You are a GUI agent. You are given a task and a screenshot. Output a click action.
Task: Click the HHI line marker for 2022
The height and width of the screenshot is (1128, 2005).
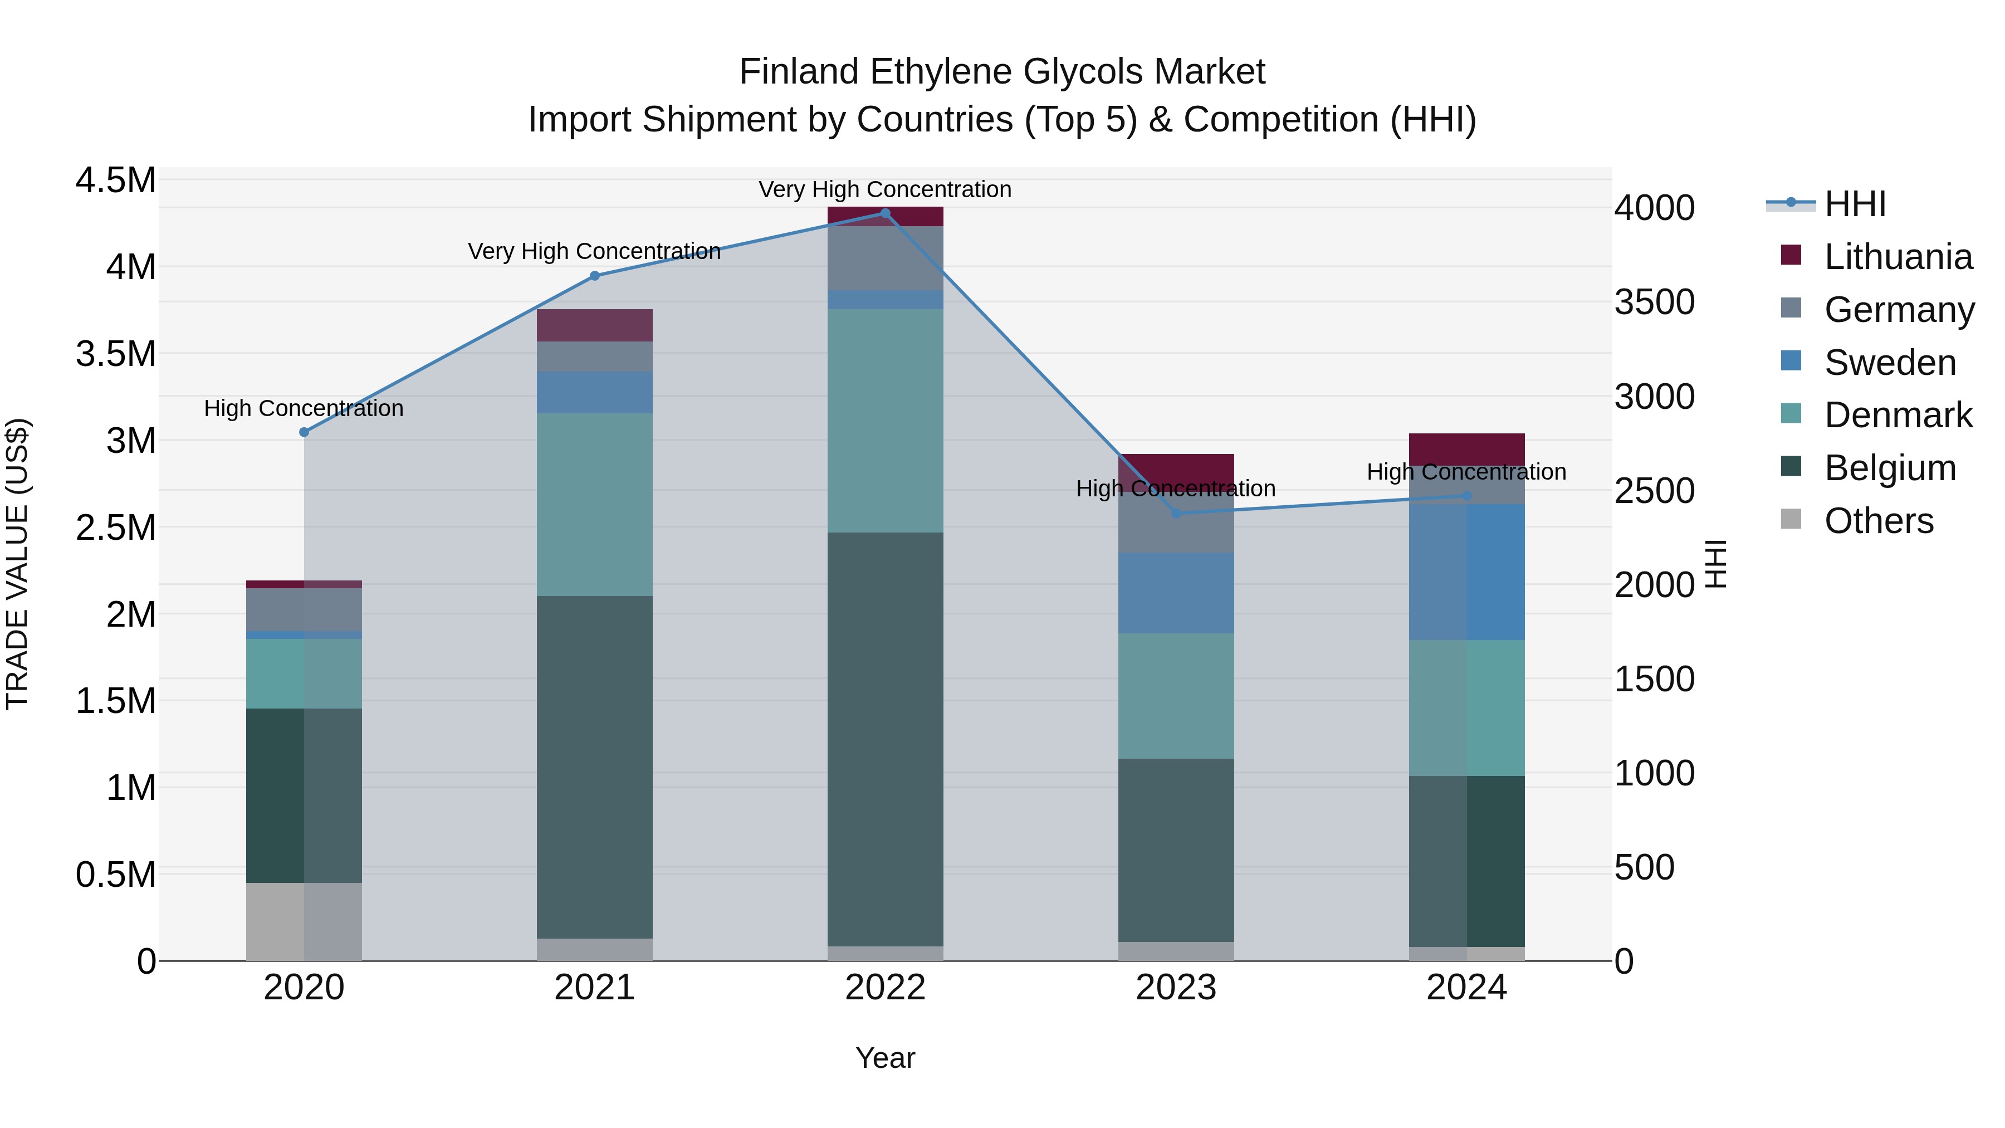tap(885, 213)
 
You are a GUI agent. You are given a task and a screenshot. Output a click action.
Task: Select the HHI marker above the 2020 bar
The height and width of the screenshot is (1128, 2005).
tap(304, 432)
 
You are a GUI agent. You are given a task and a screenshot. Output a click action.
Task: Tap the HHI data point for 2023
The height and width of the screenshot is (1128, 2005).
tap(1176, 513)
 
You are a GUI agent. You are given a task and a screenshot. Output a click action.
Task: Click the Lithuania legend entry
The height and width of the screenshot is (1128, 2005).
tap(1898, 257)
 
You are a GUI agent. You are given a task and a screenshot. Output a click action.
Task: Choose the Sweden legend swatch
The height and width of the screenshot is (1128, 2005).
tap(1791, 361)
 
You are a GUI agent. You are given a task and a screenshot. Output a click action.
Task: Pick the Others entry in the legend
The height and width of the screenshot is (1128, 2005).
tap(1878, 521)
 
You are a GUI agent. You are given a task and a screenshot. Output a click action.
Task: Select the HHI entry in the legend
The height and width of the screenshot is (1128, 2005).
tap(1854, 204)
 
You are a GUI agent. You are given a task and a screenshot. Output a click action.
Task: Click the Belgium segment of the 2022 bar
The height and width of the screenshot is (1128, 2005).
tap(885, 740)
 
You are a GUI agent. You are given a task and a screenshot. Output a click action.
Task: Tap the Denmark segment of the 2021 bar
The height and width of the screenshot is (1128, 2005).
tap(595, 505)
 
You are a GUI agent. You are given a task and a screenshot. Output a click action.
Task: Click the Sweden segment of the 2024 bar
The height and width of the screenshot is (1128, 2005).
tap(1466, 572)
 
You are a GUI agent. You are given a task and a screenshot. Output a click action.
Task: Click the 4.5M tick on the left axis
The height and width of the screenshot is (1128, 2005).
tap(115, 180)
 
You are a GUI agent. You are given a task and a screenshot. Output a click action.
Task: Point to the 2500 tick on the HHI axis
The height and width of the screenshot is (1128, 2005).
tap(1654, 491)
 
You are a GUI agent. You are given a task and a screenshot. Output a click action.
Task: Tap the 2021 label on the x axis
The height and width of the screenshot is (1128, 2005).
tap(595, 988)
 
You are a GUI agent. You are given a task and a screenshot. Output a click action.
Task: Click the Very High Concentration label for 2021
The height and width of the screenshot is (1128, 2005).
tap(595, 251)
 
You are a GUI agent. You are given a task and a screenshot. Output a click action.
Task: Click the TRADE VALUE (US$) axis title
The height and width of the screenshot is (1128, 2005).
tap(17, 564)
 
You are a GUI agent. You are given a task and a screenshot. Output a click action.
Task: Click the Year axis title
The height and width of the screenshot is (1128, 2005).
tap(885, 1058)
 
